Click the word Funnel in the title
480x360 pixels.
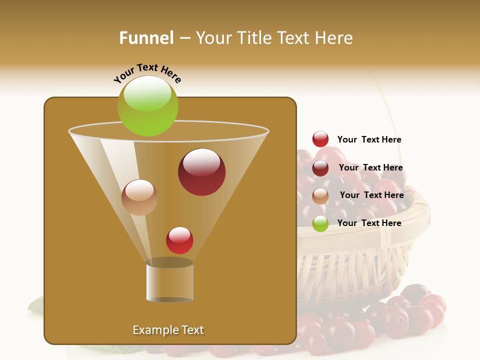point(146,38)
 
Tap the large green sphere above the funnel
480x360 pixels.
point(147,106)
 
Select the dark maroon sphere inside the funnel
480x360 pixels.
point(201,172)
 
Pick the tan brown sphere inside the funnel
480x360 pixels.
point(139,197)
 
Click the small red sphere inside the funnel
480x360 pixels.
point(179,240)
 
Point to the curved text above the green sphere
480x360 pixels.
point(147,72)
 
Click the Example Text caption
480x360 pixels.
point(168,330)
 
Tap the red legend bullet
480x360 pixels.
point(320,139)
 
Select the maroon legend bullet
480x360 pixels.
point(320,168)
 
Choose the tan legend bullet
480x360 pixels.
point(320,196)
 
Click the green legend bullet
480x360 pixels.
point(320,224)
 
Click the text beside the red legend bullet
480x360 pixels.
point(369,139)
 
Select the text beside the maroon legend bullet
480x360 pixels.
point(370,167)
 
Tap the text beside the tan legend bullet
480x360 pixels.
point(371,195)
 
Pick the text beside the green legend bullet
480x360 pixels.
point(369,223)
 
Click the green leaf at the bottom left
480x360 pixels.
point(36,306)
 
